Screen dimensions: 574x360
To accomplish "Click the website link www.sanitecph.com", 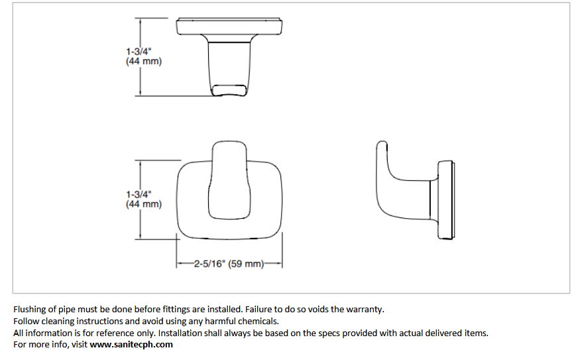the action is point(131,345).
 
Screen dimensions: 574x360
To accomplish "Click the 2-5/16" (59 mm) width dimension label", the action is point(229,264).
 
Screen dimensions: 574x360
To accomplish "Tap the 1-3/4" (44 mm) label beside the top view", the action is point(143,56).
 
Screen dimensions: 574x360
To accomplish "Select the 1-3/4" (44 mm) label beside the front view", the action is point(143,200).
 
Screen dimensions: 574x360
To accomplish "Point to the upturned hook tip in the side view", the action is point(382,147).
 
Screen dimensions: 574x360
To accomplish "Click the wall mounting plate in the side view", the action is point(446,200).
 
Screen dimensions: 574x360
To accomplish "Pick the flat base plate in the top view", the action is point(229,27).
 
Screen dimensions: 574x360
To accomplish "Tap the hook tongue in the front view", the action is point(229,180).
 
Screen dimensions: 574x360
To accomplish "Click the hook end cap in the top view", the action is point(229,90).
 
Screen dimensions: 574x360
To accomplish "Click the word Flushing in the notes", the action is point(30,310).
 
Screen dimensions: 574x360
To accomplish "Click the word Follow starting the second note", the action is point(26,321).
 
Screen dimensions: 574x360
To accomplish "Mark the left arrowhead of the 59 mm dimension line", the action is point(179,263).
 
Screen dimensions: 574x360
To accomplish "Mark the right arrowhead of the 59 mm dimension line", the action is point(279,263).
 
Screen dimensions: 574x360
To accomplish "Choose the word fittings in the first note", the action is point(176,310).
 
